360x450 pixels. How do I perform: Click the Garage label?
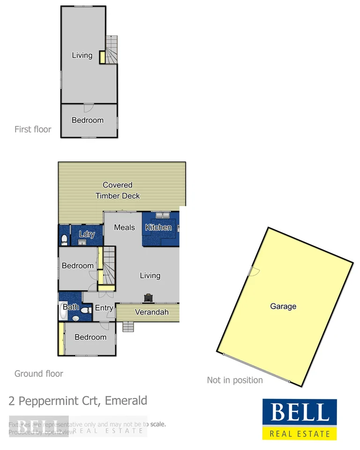pos(283,306)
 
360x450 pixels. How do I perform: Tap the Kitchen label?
pos(158,227)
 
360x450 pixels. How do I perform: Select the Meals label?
pos(125,227)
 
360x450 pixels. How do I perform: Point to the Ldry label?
pos(87,234)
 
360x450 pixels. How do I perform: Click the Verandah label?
pos(151,312)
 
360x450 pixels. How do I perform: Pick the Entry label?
pos(104,308)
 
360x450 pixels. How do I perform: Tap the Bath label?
pos(71,307)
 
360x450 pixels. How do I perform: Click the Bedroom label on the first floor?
pos(88,120)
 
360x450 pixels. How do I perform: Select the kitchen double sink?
pos(163,215)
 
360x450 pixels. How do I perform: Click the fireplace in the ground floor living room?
pos(149,297)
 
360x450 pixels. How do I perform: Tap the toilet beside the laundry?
pos(64,240)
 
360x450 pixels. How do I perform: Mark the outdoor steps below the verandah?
pos(128,326)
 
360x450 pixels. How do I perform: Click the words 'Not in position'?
pos(235,380)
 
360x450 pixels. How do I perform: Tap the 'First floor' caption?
pos(33,129)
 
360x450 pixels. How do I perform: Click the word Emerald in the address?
pos(126,401)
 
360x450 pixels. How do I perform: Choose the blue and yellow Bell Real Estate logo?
pos(299,419)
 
